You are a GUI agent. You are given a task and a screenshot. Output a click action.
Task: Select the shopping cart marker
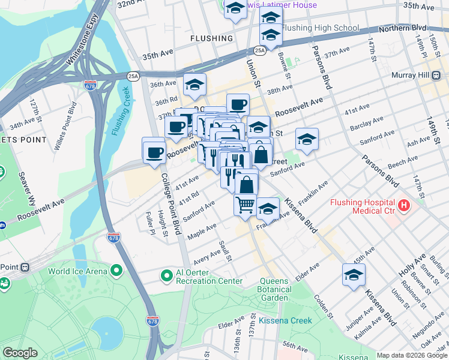(x=245, y=205)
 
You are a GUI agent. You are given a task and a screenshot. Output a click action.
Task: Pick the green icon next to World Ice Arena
(x=115, y=271)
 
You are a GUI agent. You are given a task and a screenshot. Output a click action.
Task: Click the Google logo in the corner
(x=20, y=353)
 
